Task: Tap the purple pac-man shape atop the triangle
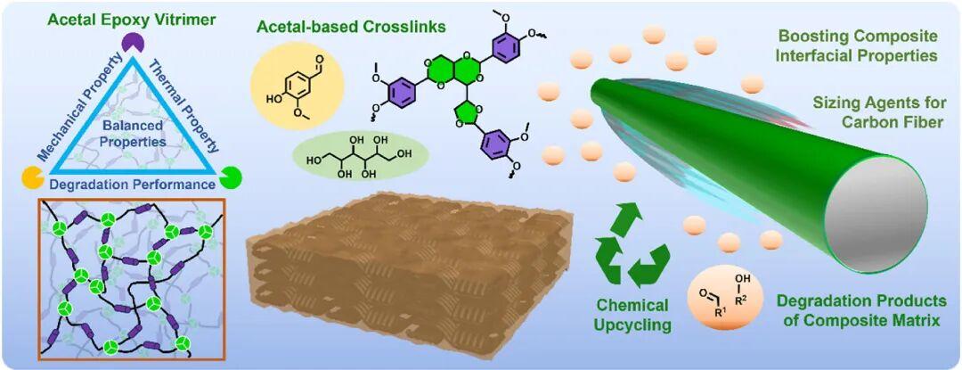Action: (135, 41)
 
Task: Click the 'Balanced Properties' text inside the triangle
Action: (132, 132)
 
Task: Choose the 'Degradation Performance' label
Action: (132, 185)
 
